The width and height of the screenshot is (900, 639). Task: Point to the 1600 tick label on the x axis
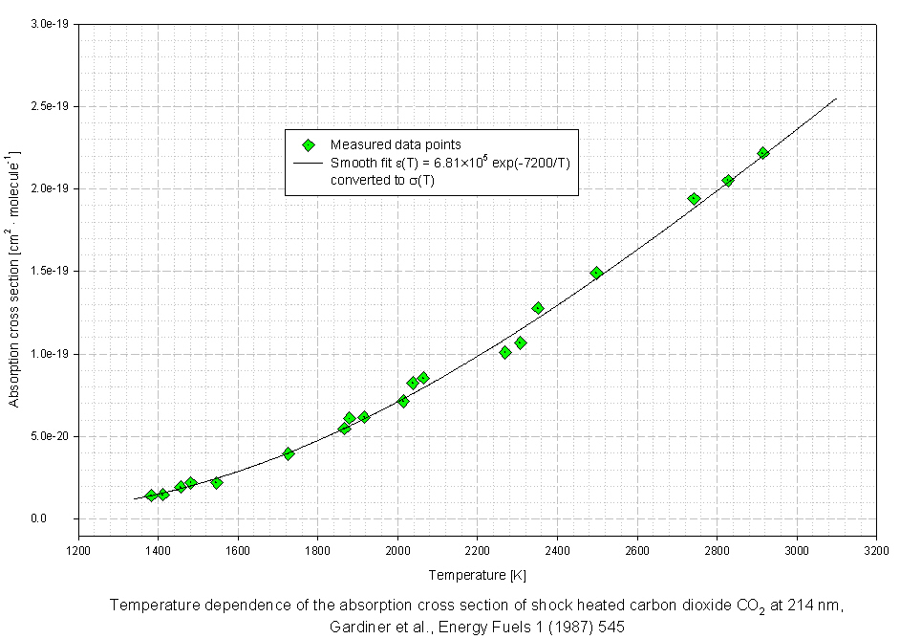tap(238, 551)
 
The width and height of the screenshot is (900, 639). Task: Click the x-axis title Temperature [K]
tap(478, 575)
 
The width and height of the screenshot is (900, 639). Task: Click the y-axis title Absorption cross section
tap(14, 277)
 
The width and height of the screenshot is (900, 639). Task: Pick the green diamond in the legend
tap(309, 145)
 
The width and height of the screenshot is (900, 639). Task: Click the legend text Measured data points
tap(396, 145)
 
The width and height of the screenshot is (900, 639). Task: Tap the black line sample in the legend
tap(309, 164)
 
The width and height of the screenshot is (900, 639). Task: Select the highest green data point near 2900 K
tap(763, 153)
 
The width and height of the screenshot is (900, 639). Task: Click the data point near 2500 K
tap(596, 273)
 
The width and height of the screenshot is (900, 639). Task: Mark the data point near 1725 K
tap(289, 453)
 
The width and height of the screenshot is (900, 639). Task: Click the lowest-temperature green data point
tap(151, 495)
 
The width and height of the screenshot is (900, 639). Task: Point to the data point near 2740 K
tap(694, 199)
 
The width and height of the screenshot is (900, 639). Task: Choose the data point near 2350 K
tap(538, 308)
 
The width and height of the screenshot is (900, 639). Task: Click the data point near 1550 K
tap(217, 483)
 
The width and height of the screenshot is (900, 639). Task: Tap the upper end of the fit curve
tap(836, 99)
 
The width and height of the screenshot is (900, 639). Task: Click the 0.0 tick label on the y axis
tap(59, 518)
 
